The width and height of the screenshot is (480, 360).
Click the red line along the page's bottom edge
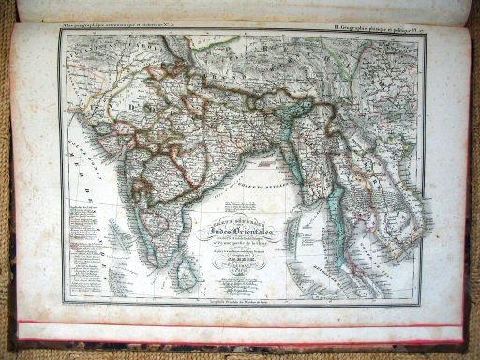244,325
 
